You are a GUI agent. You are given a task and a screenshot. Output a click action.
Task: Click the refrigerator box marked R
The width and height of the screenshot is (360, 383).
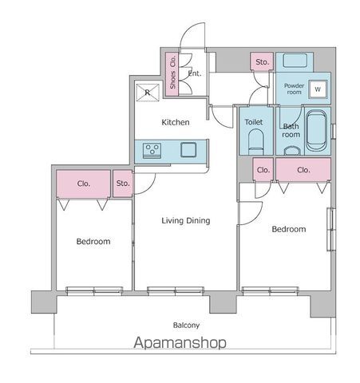(x=148, y=93)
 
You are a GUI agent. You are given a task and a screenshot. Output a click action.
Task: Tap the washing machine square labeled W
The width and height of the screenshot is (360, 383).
(x=318, y=89)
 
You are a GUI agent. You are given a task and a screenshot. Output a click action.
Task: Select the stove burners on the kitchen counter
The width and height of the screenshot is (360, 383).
(x=152, y=151)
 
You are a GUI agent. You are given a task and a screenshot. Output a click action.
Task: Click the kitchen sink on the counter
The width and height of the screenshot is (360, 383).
(x=188, y=149)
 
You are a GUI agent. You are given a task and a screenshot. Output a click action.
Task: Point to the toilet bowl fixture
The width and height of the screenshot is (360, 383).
(x=256, y=142)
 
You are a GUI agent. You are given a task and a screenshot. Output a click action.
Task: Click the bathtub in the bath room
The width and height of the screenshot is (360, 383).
(x=316, y=131)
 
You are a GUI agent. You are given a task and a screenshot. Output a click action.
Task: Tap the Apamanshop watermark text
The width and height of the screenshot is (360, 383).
(x=180, y=343)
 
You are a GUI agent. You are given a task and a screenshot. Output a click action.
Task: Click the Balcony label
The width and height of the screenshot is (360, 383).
(x=186, y=325)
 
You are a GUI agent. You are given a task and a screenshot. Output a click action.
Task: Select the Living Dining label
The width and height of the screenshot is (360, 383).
(x=186, y=220)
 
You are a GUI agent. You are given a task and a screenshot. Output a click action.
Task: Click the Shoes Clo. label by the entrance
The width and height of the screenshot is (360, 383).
(x=172, y=72)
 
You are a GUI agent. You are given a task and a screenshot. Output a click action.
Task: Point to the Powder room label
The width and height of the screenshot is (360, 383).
(x=294, y=89)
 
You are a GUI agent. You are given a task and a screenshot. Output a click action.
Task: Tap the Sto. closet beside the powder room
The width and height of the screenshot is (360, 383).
(x=262, y=61)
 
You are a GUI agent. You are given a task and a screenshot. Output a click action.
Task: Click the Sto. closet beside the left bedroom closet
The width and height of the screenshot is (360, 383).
(x=123, y=184)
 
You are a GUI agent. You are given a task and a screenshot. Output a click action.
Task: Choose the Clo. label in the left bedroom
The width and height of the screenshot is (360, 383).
(x=84, y=184)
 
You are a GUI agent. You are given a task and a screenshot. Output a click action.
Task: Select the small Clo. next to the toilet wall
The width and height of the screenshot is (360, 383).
(x=263, y=170)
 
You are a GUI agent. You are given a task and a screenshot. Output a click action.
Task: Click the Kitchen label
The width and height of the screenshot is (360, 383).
(x=176, y=122)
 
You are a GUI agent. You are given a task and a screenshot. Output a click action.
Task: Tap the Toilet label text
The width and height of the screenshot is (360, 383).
(x=254, y=122)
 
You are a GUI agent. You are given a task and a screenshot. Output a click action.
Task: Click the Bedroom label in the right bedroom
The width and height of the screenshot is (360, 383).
(x=289, y=229)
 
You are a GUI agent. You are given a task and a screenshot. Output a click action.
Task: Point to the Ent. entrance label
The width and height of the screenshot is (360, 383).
(x=195, y=73)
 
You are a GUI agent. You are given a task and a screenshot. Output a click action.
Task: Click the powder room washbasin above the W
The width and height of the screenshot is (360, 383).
(x=295, y=61)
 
